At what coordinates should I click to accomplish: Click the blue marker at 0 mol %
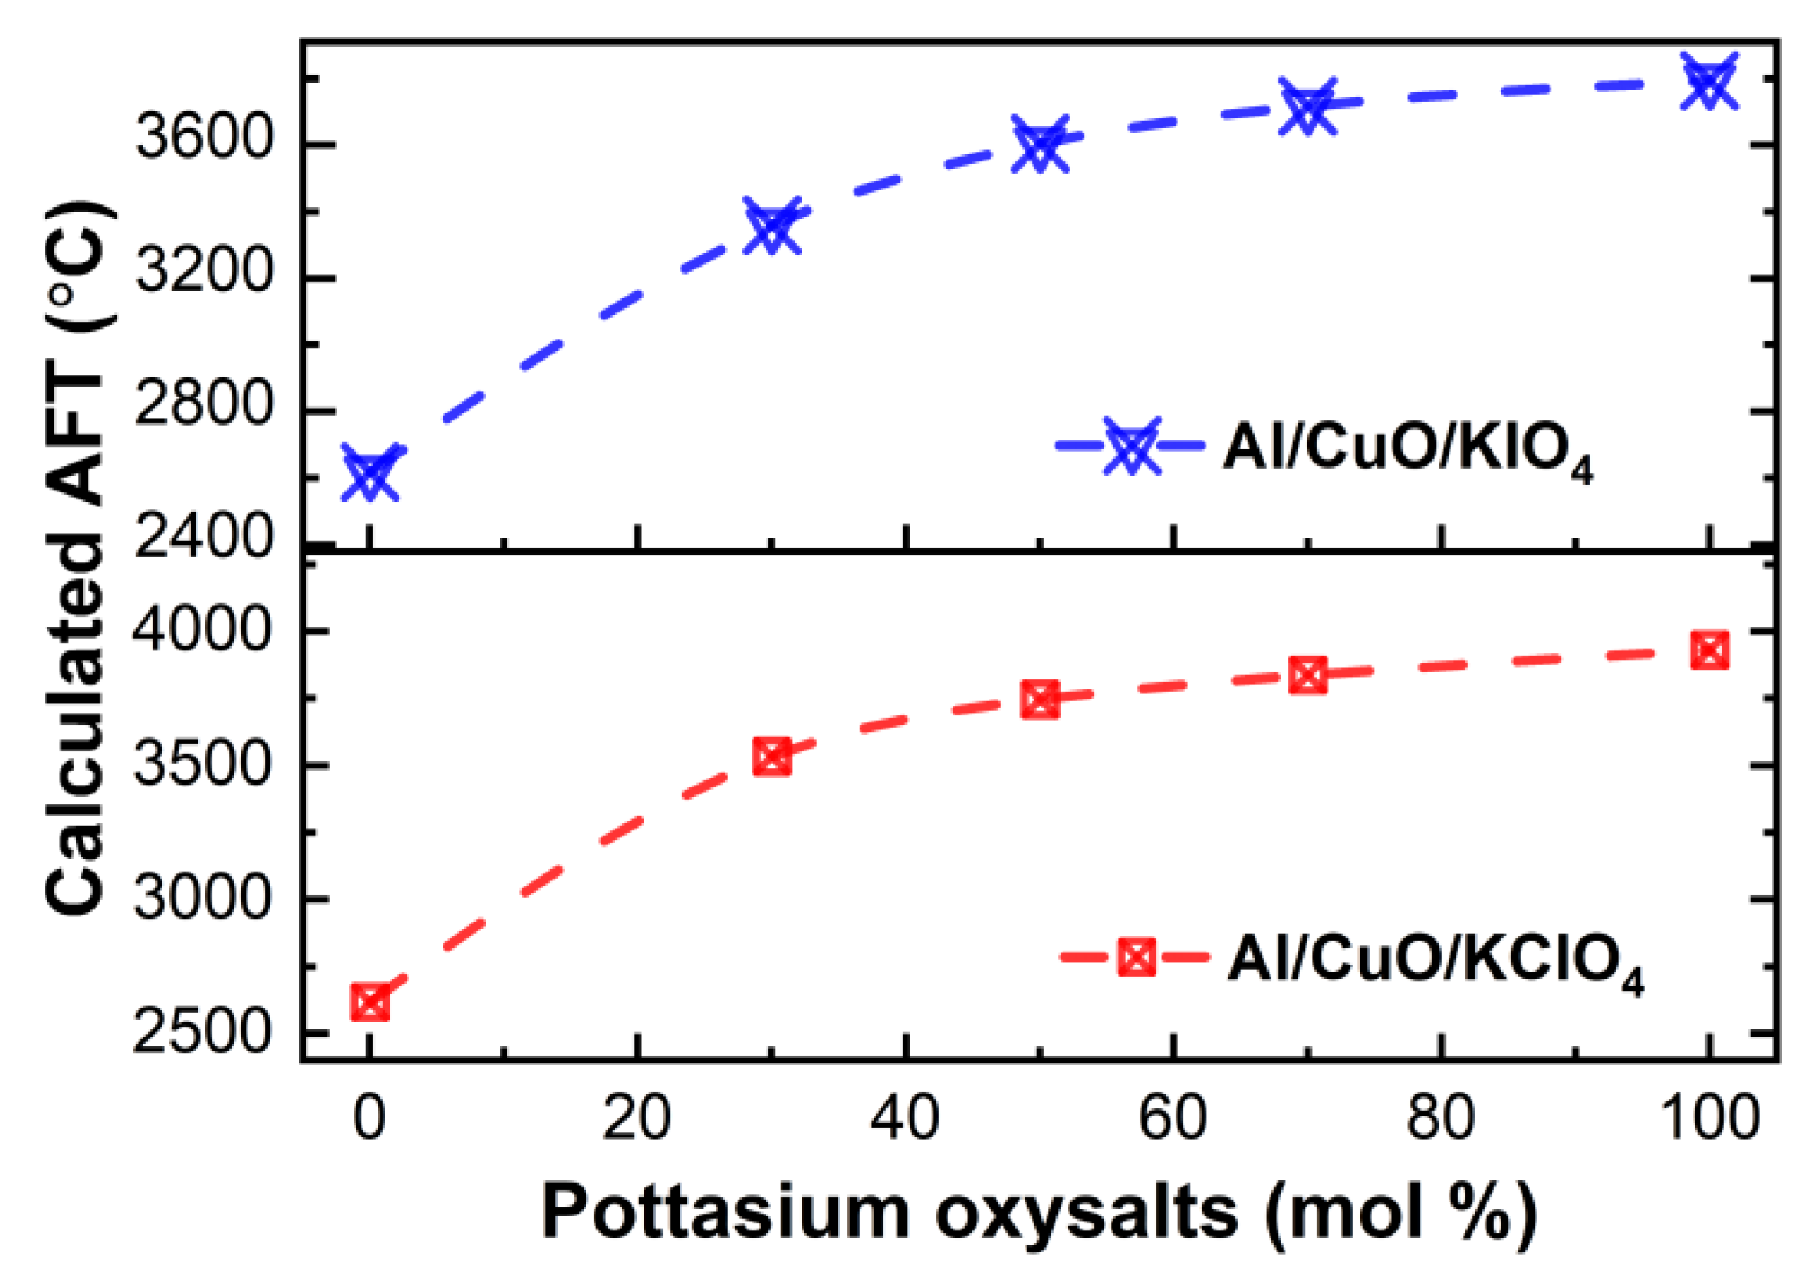point(370,473)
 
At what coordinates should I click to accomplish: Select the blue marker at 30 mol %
point(772,225)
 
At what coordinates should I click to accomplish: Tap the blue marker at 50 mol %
point(1040,143)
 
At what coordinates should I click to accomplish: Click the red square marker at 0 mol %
point(370,1002)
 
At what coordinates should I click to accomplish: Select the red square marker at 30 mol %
point(772,757)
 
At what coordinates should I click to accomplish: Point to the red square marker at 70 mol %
point(1307,675)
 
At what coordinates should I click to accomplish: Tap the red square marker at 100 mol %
point(1709,650)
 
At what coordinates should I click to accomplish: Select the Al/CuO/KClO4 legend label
point(1435,961)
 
